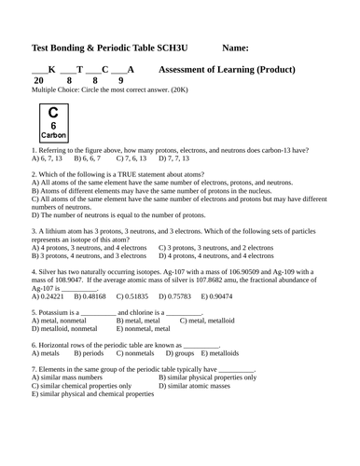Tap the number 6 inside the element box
click(53, 125)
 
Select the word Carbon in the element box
click(53, 135)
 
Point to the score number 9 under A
click(120, 81)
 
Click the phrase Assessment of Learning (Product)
click(228, 70)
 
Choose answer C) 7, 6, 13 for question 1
click(132, 158)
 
